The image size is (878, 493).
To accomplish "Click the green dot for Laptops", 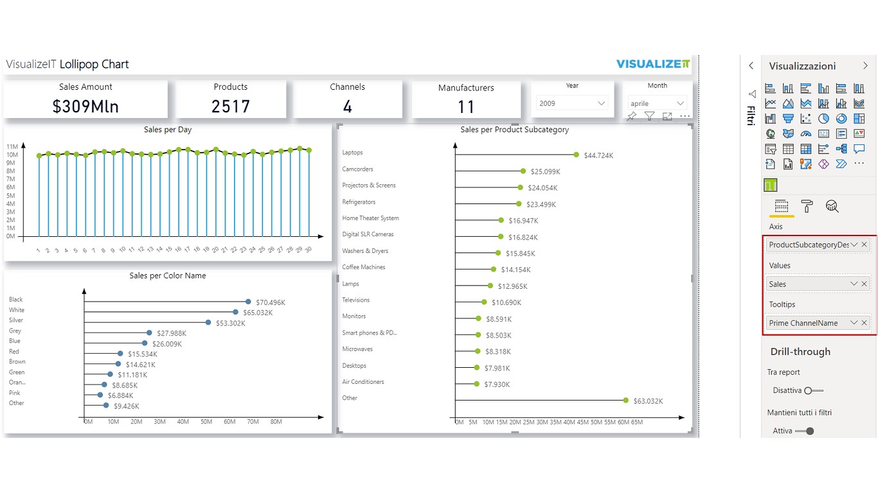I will [x=577, y=155].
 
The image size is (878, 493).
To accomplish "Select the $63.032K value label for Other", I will [x=647, y=401].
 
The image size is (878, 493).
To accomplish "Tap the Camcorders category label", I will [x=357, y=169].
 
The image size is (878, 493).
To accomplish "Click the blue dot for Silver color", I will [x=208, y=322].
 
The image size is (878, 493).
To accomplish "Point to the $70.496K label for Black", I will [x=271, y=302].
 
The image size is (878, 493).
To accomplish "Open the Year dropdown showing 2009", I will [x=571, y=103].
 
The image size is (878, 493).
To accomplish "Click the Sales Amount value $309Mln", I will [x=85, y=107].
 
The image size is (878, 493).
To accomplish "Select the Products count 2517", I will [x=231, y=107].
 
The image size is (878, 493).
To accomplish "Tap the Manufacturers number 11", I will [x=466, y=107].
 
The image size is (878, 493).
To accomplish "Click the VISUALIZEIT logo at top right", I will [x=653, y=64].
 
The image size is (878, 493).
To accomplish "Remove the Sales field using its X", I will [x=865, y=284].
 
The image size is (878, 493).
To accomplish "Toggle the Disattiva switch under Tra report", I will [x=813, y=390].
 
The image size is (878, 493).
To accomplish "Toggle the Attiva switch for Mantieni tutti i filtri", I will [x=805, y=431].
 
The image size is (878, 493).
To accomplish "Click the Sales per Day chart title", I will [x=168, y=130].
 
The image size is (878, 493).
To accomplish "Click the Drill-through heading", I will [x=800, y=352].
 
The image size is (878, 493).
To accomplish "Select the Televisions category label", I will [x=356, y=300].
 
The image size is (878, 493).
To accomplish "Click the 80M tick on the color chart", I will [x=276, y=422].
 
